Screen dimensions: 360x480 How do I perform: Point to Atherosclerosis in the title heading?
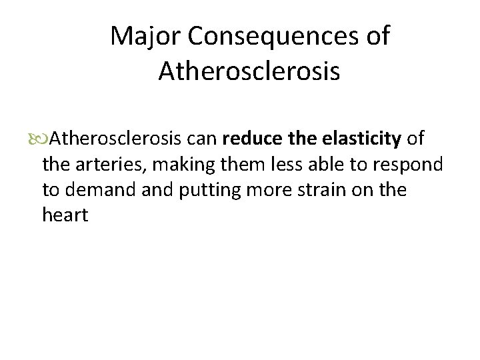[249, 71]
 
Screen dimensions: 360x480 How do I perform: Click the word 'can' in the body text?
[205, 139]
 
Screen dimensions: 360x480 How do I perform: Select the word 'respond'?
[409, 165]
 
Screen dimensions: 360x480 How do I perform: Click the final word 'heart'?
[65, 215]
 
